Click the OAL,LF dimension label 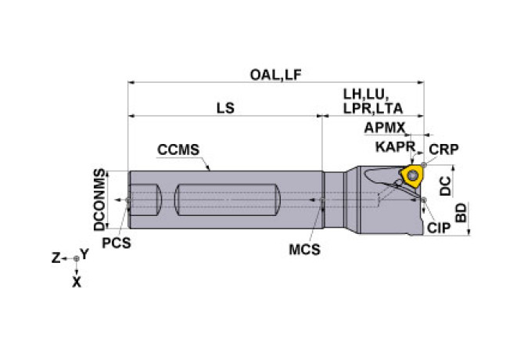[x=276, y=75]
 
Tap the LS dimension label [x=225, y=108]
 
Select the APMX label [x=384, y=128]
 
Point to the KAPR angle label [x=395, y=146]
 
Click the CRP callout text [x=443, y=149]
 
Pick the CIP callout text [x=439, y=228]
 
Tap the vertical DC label [x=445, y=185]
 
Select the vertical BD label [x=461, y=213]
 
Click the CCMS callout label [x=178, y=149]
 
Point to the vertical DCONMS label [x=99, y=200]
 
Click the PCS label [x=117, y=243]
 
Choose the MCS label [x=304, y=250]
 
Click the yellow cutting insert [x=412, y=175]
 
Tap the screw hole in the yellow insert [x=413, y=175]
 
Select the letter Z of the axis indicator [x=56, y=258]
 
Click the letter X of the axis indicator [x=77, y=283]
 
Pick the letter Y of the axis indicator [x=84, y=254]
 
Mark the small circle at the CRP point [x=424, y=164]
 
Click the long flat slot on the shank [x=228, y=200]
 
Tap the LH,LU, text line [x=366, y=95]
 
